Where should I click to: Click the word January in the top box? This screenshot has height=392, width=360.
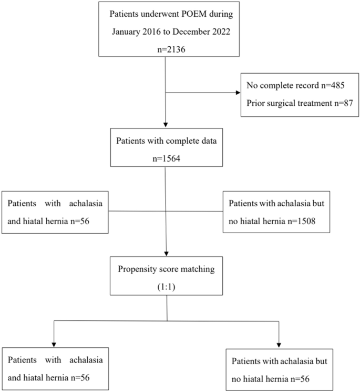pyautogui.click(x=129, y=32)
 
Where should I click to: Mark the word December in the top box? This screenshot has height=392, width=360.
pyautogui.click(x=186, y=32)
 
